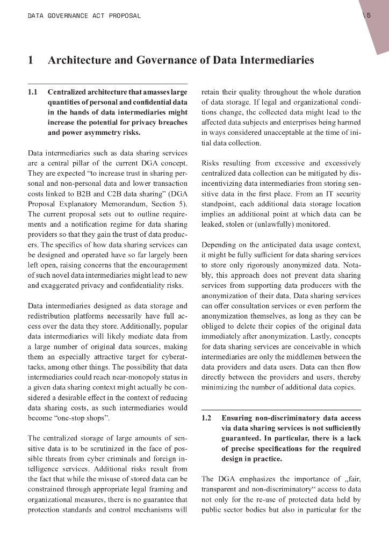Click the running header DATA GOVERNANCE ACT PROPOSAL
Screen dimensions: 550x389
(84, 16)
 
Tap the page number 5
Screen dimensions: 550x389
(369, 16)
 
